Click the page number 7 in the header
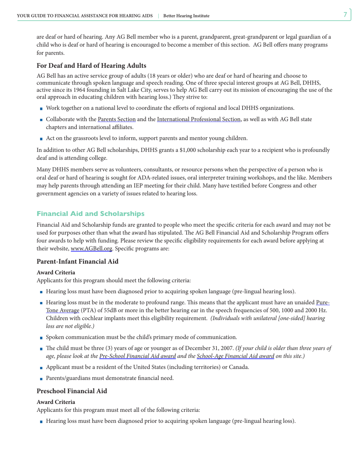tap(345, 15)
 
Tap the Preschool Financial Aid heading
tap(72, 391)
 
